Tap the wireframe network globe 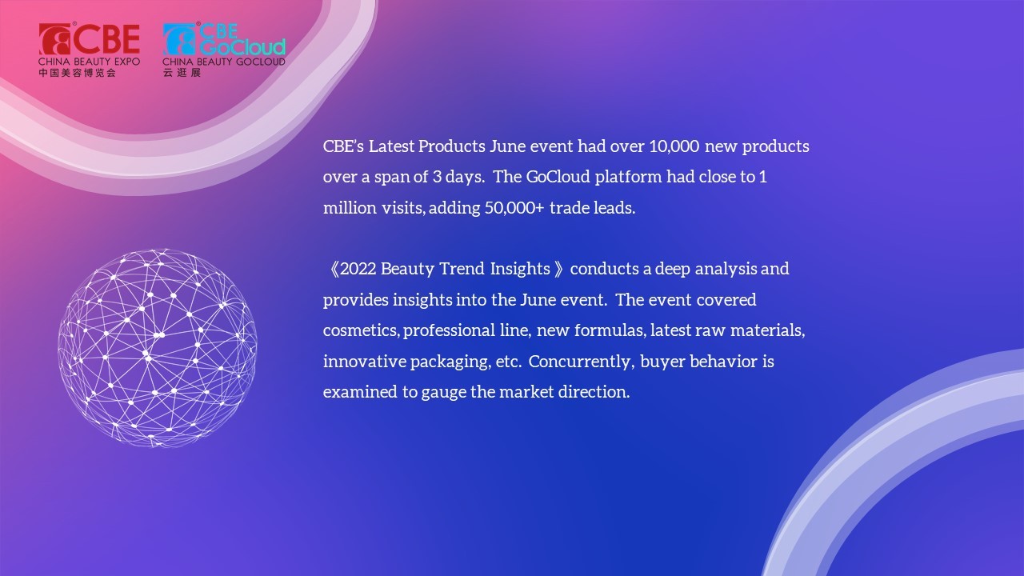click(158, 347)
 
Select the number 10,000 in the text click(674, 146)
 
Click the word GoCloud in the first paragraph click(558, 177)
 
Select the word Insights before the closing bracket click(520, 269)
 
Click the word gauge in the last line click(443, 393)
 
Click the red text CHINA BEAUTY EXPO click(89, 62)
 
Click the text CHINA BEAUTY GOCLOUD click(224, 62)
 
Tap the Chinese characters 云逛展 click(182, 73)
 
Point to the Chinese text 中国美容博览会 click(78, 73)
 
